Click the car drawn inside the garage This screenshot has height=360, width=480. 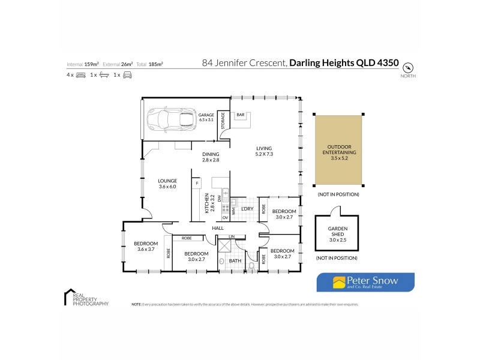point(167,119)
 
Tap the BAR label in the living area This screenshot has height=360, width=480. point(240,114)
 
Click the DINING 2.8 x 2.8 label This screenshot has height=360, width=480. point(210,157)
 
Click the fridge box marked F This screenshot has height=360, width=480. point(196,182)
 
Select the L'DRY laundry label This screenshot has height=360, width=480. point(248,209)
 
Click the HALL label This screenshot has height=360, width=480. point(217,228)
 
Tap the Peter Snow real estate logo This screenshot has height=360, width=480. point(365,282)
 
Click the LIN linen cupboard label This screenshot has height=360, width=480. point(232,237)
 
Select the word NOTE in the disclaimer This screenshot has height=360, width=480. point(136,305)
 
